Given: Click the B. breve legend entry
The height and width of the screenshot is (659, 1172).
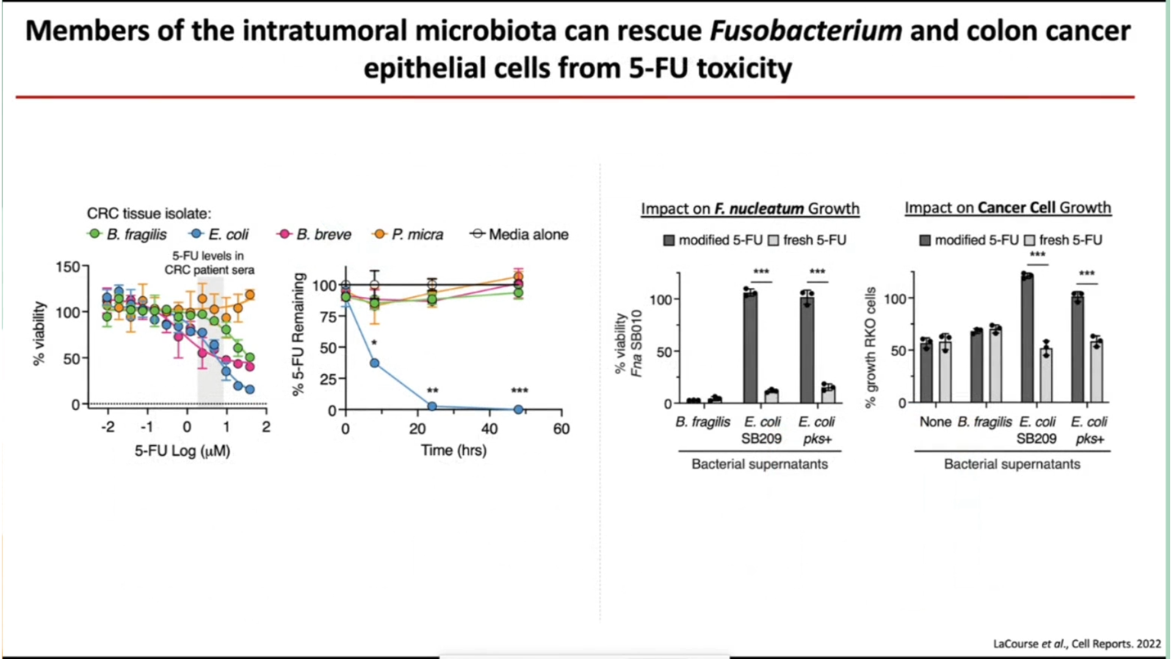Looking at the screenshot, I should tap(315, 234).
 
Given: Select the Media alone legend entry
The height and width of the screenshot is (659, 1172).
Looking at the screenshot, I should tap(519, 234).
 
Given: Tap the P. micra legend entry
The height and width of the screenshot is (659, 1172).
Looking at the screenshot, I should tap(409, 234).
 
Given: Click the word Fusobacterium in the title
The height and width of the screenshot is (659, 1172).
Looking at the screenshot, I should tap(806, 31).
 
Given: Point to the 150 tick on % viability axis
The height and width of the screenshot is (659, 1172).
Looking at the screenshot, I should tap(68, 267).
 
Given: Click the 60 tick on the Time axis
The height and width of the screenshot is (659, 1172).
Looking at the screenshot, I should tap(561, 428).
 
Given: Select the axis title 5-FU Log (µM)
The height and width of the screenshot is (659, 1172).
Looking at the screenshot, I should tap(182, 451).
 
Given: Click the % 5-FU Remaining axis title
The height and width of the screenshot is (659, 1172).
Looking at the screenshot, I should tap(298, 334).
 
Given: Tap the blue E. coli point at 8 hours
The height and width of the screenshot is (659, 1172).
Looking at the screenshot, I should tap(375, 363).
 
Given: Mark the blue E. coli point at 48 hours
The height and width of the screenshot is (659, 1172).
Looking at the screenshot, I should tap(518, 409).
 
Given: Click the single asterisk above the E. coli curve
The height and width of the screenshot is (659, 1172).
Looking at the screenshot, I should tap(374, 343).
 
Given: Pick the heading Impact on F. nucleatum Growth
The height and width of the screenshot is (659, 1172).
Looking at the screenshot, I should tap(750, 209).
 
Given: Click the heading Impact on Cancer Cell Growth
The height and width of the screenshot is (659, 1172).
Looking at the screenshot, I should tap(1007, 207).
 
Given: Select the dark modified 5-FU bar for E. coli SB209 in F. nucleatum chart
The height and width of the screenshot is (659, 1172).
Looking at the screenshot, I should tap(750, 348).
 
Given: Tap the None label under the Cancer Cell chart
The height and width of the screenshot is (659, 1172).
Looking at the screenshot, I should tap(935, 422).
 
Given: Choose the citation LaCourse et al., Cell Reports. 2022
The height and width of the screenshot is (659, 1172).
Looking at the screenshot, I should tap(1077, 644).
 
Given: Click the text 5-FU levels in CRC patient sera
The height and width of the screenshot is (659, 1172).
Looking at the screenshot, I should tap(209, 263).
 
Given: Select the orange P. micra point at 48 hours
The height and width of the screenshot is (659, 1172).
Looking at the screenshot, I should tap(518, 278).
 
